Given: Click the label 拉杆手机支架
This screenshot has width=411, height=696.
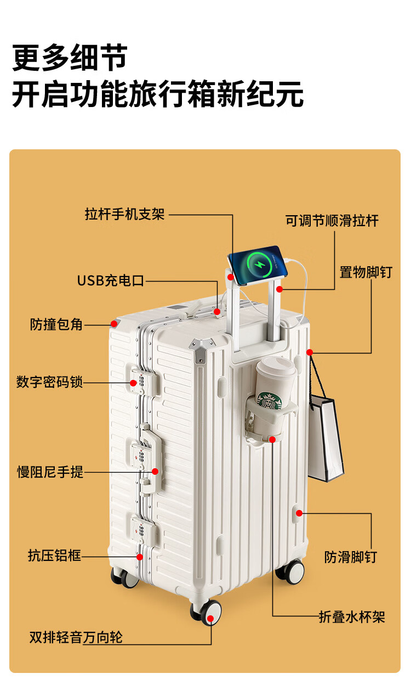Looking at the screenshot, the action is point(124,214).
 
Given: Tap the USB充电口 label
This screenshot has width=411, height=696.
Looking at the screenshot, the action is point(110,281).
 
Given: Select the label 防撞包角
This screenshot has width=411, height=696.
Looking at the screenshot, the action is point(56,324).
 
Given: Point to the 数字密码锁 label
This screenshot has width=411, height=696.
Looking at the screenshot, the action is point(49,382).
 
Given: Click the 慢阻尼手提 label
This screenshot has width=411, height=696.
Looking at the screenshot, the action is point(50,472).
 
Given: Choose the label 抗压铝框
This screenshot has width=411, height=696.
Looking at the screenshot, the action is point(54,556).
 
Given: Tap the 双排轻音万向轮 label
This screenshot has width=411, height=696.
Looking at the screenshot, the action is point(76,637).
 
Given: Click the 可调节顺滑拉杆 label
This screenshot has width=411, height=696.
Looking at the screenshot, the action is point(332,221).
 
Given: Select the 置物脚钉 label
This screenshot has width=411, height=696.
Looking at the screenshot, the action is point(366,272).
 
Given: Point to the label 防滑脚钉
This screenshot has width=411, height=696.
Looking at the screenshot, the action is point(351,558).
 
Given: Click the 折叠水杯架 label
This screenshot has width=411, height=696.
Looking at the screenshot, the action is point(352,617).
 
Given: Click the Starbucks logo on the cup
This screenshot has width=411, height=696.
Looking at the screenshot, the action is point(269,399).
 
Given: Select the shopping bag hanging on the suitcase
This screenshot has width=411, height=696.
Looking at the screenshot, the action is point(326,436).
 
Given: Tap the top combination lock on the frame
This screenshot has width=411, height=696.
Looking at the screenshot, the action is point(142,380).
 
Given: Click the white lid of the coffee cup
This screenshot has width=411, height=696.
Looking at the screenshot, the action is point(276,366).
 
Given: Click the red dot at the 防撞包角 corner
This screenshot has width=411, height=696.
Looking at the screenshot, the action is point(114,323).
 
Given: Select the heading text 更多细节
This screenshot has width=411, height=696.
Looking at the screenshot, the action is point(70,58).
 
